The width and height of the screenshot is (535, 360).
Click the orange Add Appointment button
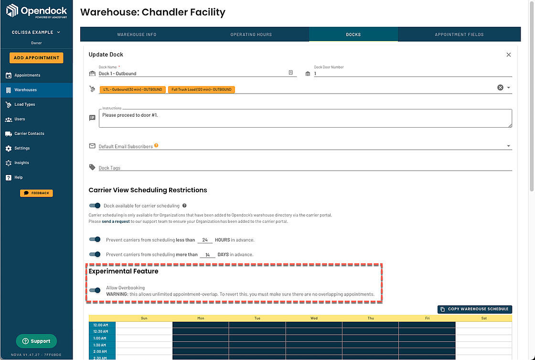coord(36,58)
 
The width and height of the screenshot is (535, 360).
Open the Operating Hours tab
coord(251,34)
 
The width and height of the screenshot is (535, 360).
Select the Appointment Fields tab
coord(459,34)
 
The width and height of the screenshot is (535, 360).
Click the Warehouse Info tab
coord(137,34)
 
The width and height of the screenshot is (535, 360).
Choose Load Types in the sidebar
coord(24,105)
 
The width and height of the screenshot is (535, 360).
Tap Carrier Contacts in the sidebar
coord(29,133)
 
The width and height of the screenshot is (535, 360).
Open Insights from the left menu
coord(21,163)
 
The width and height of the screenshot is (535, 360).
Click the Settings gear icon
coord(9,149)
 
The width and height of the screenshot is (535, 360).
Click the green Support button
coord(36,341)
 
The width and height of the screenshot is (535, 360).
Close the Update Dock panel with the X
coord(508,55)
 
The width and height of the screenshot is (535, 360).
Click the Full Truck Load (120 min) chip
coord(201,89)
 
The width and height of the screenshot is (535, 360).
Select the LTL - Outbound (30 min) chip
coord(132,89)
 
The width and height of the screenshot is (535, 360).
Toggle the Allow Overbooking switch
coord(95,290)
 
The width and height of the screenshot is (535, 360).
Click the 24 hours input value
coord(205,240)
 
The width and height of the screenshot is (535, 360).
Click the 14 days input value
coord(207,255)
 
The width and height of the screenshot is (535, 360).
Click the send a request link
coord(116,221)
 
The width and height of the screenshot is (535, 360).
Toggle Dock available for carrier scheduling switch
coord(95,206)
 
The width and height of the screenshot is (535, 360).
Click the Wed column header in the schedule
coord(314,318)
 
